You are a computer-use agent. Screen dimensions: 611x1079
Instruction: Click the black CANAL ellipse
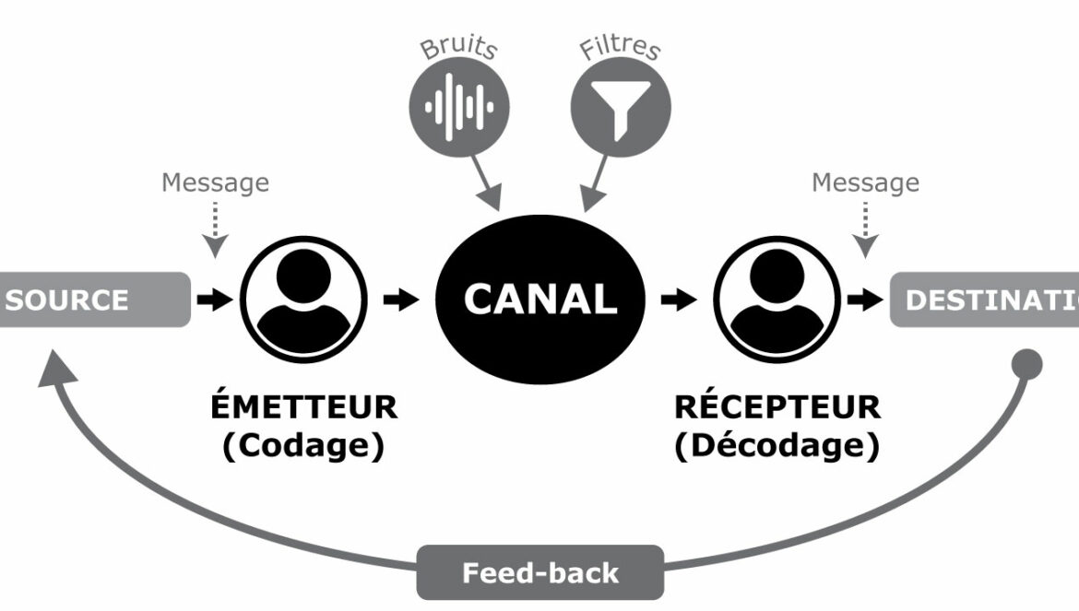click(539, 300)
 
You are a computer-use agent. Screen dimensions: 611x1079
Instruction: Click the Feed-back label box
click(539, 573)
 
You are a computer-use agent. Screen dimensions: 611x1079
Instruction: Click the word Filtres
click(621, 46)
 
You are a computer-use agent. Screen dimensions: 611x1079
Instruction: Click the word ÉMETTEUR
click(304, 406)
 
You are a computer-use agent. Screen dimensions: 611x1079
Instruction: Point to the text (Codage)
click(303, 446)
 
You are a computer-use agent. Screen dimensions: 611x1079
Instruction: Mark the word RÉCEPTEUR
click(777, 406)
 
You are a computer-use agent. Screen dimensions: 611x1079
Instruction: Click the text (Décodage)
click(777, 446)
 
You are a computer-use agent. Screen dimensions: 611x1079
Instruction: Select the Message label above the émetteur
click(216, 182)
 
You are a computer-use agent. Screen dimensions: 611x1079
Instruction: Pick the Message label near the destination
click(865, 182)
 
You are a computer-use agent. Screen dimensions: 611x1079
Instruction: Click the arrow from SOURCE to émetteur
click(216, 300)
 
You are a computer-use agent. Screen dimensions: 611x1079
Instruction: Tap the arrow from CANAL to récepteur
click(680, 300)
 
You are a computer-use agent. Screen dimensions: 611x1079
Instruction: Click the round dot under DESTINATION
click(1027, 364)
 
